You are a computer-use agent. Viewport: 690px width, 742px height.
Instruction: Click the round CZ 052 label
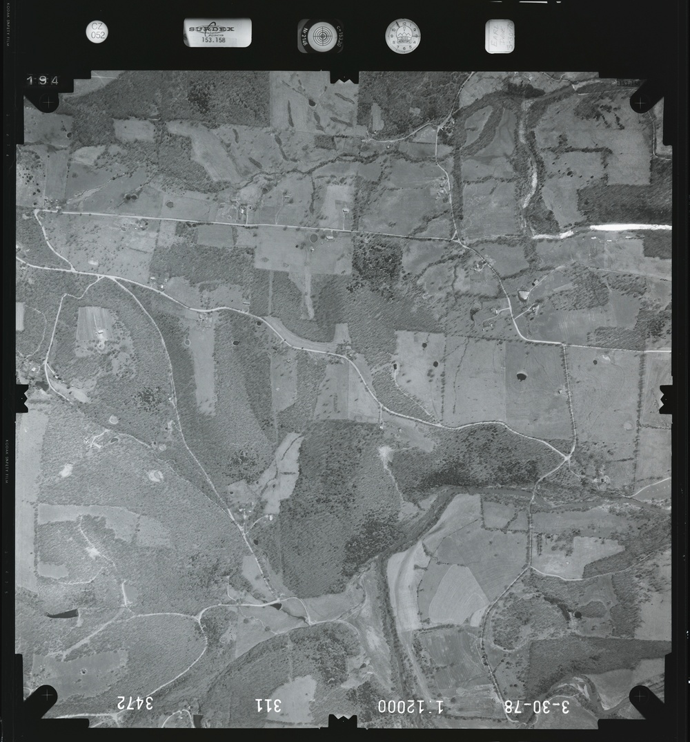tap(97, 32)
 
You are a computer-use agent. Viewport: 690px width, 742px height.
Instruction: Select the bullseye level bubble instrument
tap(322, 36)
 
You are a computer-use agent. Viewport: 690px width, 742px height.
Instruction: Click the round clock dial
tap(402, 36)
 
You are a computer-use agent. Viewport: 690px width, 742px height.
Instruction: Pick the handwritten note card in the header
tap(499, 36)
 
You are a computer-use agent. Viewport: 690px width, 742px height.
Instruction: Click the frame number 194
tap(42, 81)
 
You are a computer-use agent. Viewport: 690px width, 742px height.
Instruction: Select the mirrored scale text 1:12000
tap(411, 706)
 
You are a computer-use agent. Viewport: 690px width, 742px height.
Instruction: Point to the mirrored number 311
tap(268, 705)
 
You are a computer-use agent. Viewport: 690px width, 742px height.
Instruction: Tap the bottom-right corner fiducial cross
tap(641, 694)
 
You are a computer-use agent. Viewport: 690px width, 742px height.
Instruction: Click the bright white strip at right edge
tap(629, 227)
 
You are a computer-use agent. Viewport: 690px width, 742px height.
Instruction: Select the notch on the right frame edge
tap(666, 399)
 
